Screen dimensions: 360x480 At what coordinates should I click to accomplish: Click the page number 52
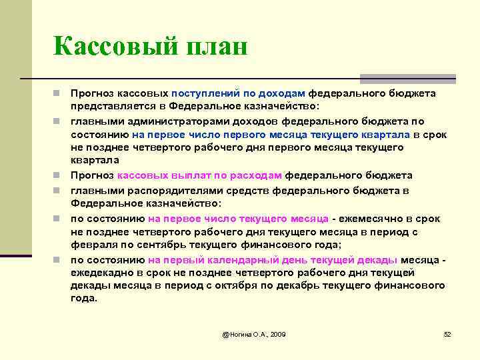click(447, 333)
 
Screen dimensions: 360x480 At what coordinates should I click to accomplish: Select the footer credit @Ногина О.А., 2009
click(254, 333)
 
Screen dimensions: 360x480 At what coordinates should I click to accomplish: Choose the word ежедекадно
click(100, 273)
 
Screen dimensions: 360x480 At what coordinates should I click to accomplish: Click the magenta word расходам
click(258, 176)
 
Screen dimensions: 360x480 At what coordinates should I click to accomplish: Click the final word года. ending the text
click(83, 299)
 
